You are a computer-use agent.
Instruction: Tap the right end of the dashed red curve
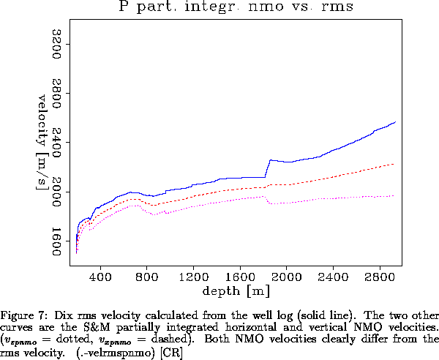tap(394, 164)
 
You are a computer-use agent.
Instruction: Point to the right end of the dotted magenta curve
tap(394, 195)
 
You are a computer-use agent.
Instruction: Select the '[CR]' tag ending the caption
tap(171, 349)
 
